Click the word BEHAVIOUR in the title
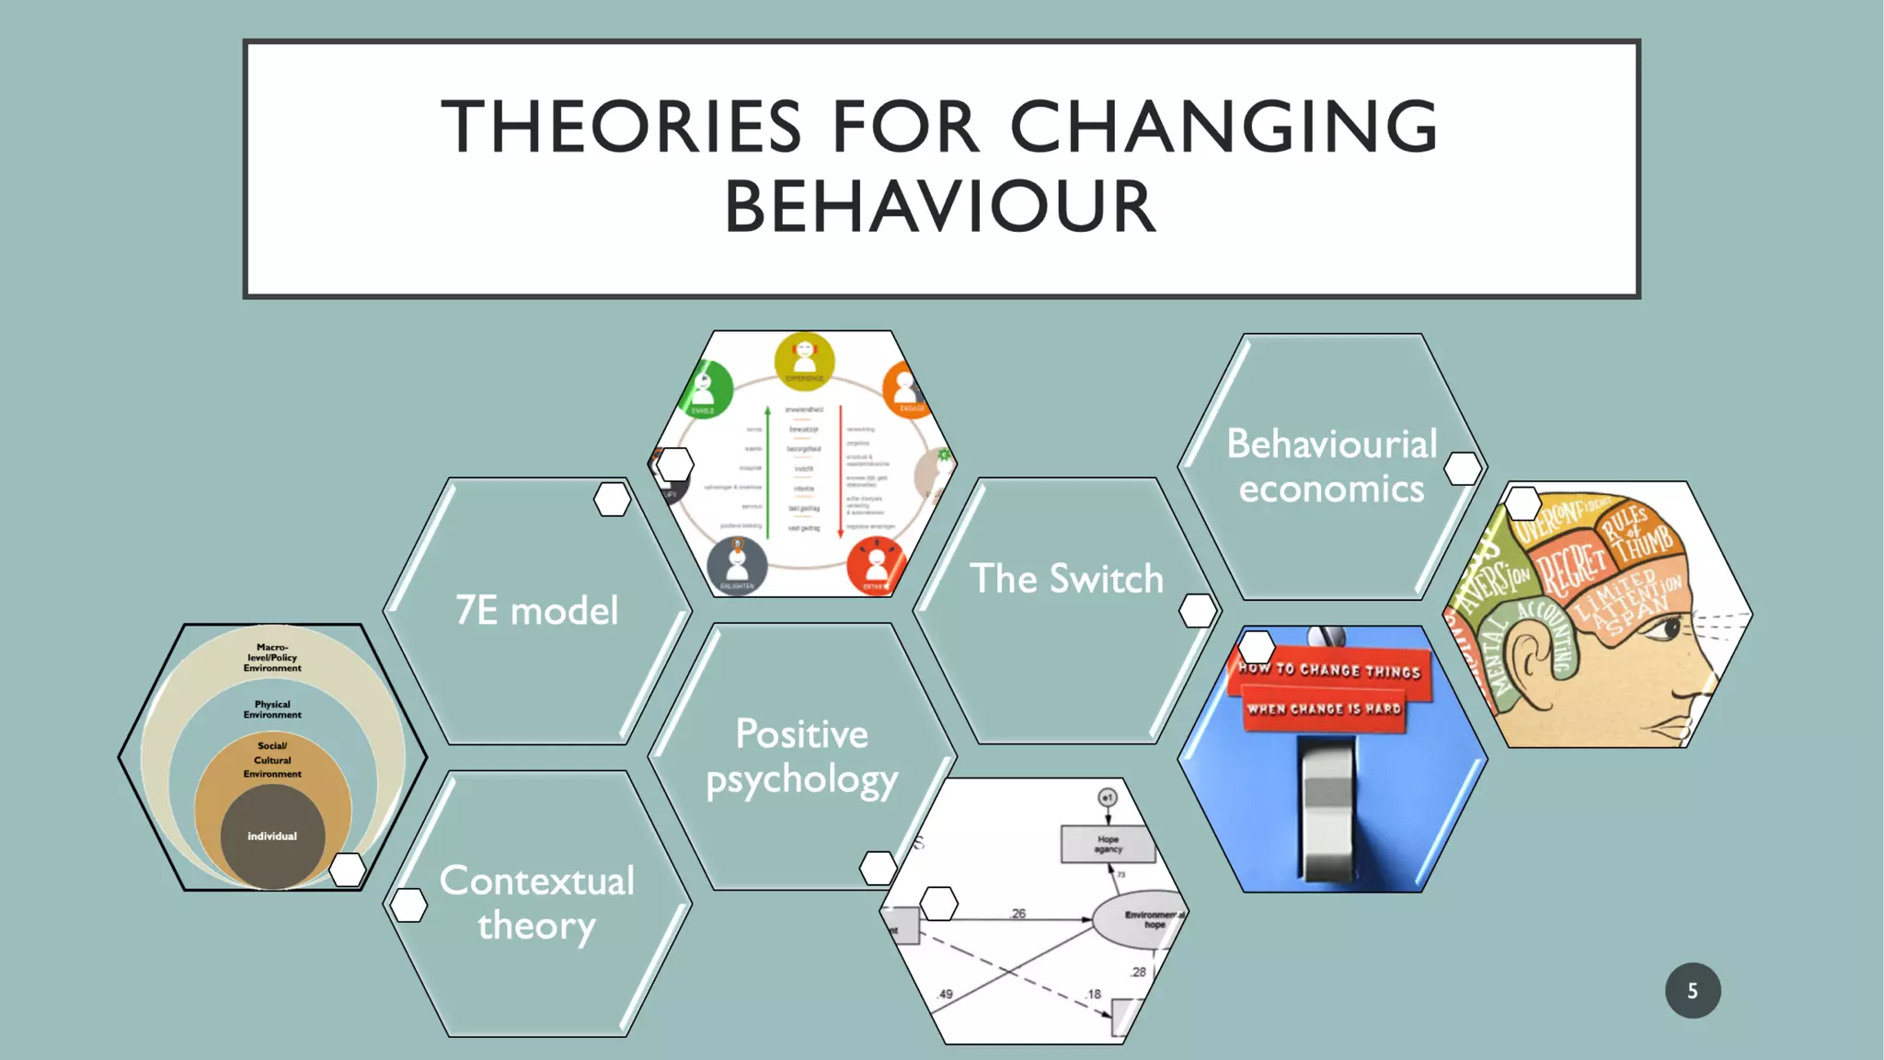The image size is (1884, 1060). point(940,207)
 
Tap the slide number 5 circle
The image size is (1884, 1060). point(1693,990)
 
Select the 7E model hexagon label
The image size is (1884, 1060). point(537,610)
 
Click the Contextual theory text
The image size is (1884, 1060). point(537,903)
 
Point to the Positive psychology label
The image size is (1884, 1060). point(801,756)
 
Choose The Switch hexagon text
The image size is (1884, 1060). point(1066,579)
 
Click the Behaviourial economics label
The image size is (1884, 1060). point(1331,467)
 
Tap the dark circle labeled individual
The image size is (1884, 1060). point(272,835)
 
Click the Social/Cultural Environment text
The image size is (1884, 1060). point(272,760)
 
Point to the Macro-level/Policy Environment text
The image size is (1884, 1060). point(272,658)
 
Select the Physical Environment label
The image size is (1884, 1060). point(272,709)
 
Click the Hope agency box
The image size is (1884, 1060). point(1108,844)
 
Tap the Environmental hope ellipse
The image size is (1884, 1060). point(1141,919)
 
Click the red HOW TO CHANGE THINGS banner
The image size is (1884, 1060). point(1328,671)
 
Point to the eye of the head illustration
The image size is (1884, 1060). point(1667,630)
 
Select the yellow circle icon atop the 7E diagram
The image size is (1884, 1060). point(804,358)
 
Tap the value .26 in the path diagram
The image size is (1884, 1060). point(1017,914)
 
